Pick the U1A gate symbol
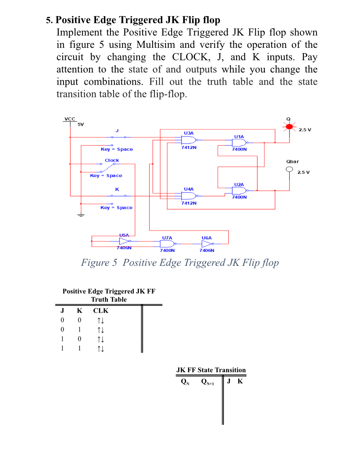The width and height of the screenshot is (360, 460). pyautogui.click(x=239, y=142)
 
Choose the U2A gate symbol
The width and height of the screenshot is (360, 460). pyautogui.click(x=239, y=190)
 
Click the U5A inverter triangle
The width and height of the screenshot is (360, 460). pyautogui.click(x=124, y=241)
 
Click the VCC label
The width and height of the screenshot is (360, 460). pyautogui.click(x=70, y=119)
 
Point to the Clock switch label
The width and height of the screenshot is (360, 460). pyautogui.click(x=112, y=160)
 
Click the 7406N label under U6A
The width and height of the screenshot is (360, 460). pyautogui.click(x=207, y=251)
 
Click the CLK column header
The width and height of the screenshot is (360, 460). pyautogui.click(x=101, y=311)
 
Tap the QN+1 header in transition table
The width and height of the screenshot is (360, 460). pyautogui.click(x=207, y=382)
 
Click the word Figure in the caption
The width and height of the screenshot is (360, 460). pyautogui.click(x=96, y=262)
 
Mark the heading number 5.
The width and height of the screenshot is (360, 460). pyautogui.click(x=49, y=20)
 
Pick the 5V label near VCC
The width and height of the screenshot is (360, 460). pyautogui.click(x=80, y=125)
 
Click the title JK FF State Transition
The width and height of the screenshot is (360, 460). pyautogui.click(x=211, y=370)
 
